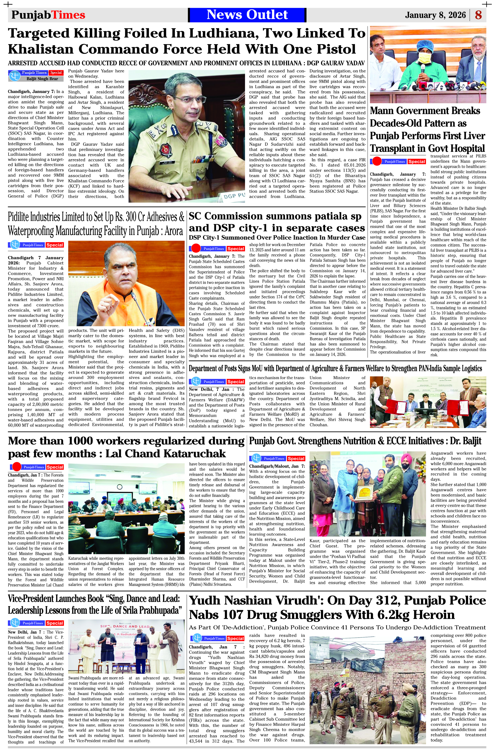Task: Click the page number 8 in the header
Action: tap(478, 15)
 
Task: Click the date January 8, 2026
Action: tap(435, 15)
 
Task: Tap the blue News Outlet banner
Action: tap(247, 15)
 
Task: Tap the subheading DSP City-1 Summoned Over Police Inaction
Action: tap(277, 238)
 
